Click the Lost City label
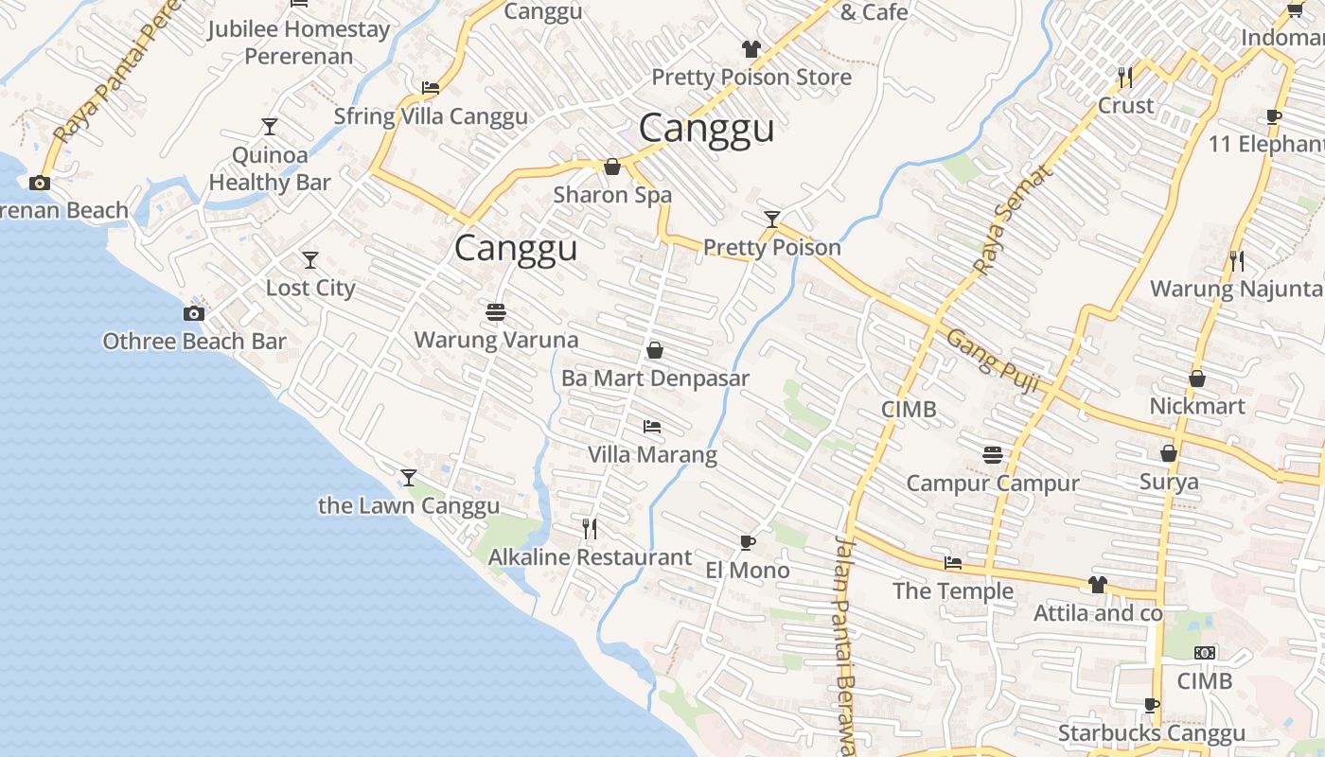[x=310, y=289]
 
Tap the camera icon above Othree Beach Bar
[x=194, y=314]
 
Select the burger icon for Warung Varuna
[x=496, y=311]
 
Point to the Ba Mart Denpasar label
[x=655, y=378]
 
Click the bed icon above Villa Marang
[x=652, y=427]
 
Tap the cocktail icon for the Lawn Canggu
[x=409, y=478]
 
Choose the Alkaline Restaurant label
[x=590, y=557]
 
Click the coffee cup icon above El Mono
[x=748, y=543]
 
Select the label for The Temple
[x=953, y=591]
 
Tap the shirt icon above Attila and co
[x=1098, y=585]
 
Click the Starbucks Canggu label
[x=1151, y=733]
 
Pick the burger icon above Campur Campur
[x=992, y=455]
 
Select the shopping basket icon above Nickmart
[x=1197, y=378]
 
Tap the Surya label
[x=1169, y=482]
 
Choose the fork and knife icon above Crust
[x=1125, y=77]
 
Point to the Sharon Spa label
[x=612, y=195]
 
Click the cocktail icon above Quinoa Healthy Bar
[x=270, y=127]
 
